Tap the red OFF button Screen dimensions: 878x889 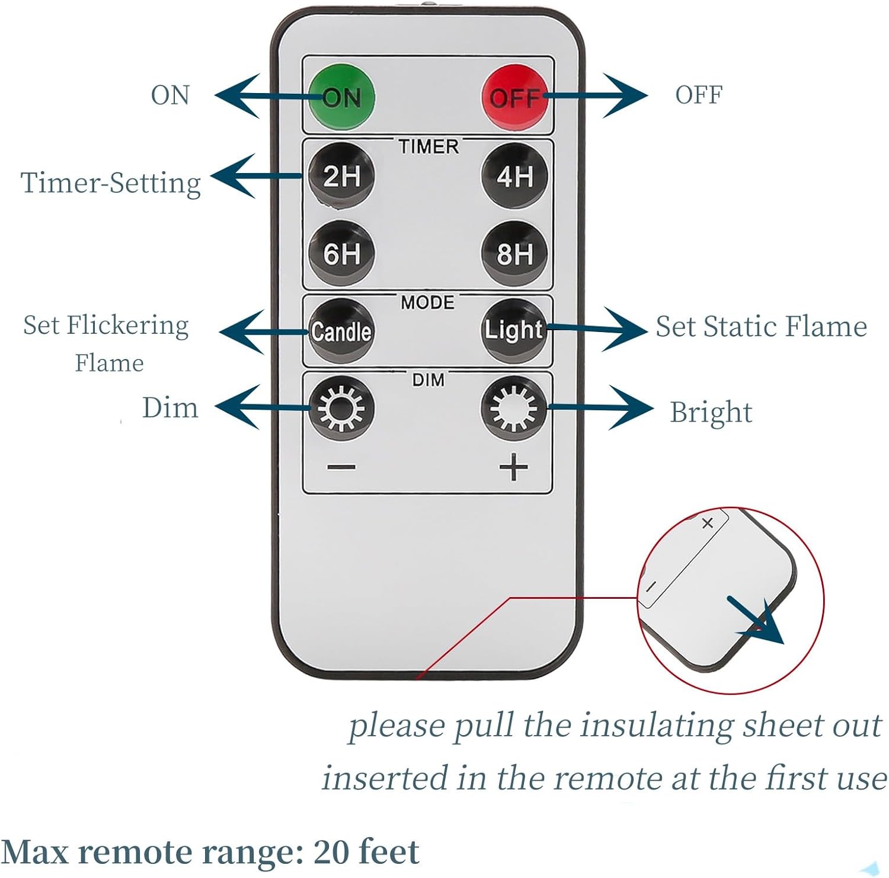514,97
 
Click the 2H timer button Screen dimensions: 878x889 341,175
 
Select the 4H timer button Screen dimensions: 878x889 514,175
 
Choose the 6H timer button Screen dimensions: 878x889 341,253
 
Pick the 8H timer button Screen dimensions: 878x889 514,253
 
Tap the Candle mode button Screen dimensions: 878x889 341,331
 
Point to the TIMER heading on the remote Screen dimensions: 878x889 428,146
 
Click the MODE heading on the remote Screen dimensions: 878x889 427,302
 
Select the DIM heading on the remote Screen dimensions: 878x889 428,380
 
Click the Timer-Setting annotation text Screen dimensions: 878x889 111,183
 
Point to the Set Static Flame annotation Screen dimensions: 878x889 761,327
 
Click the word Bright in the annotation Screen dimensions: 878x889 711,413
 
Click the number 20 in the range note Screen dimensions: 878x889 331,853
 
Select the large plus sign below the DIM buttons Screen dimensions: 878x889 513,468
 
